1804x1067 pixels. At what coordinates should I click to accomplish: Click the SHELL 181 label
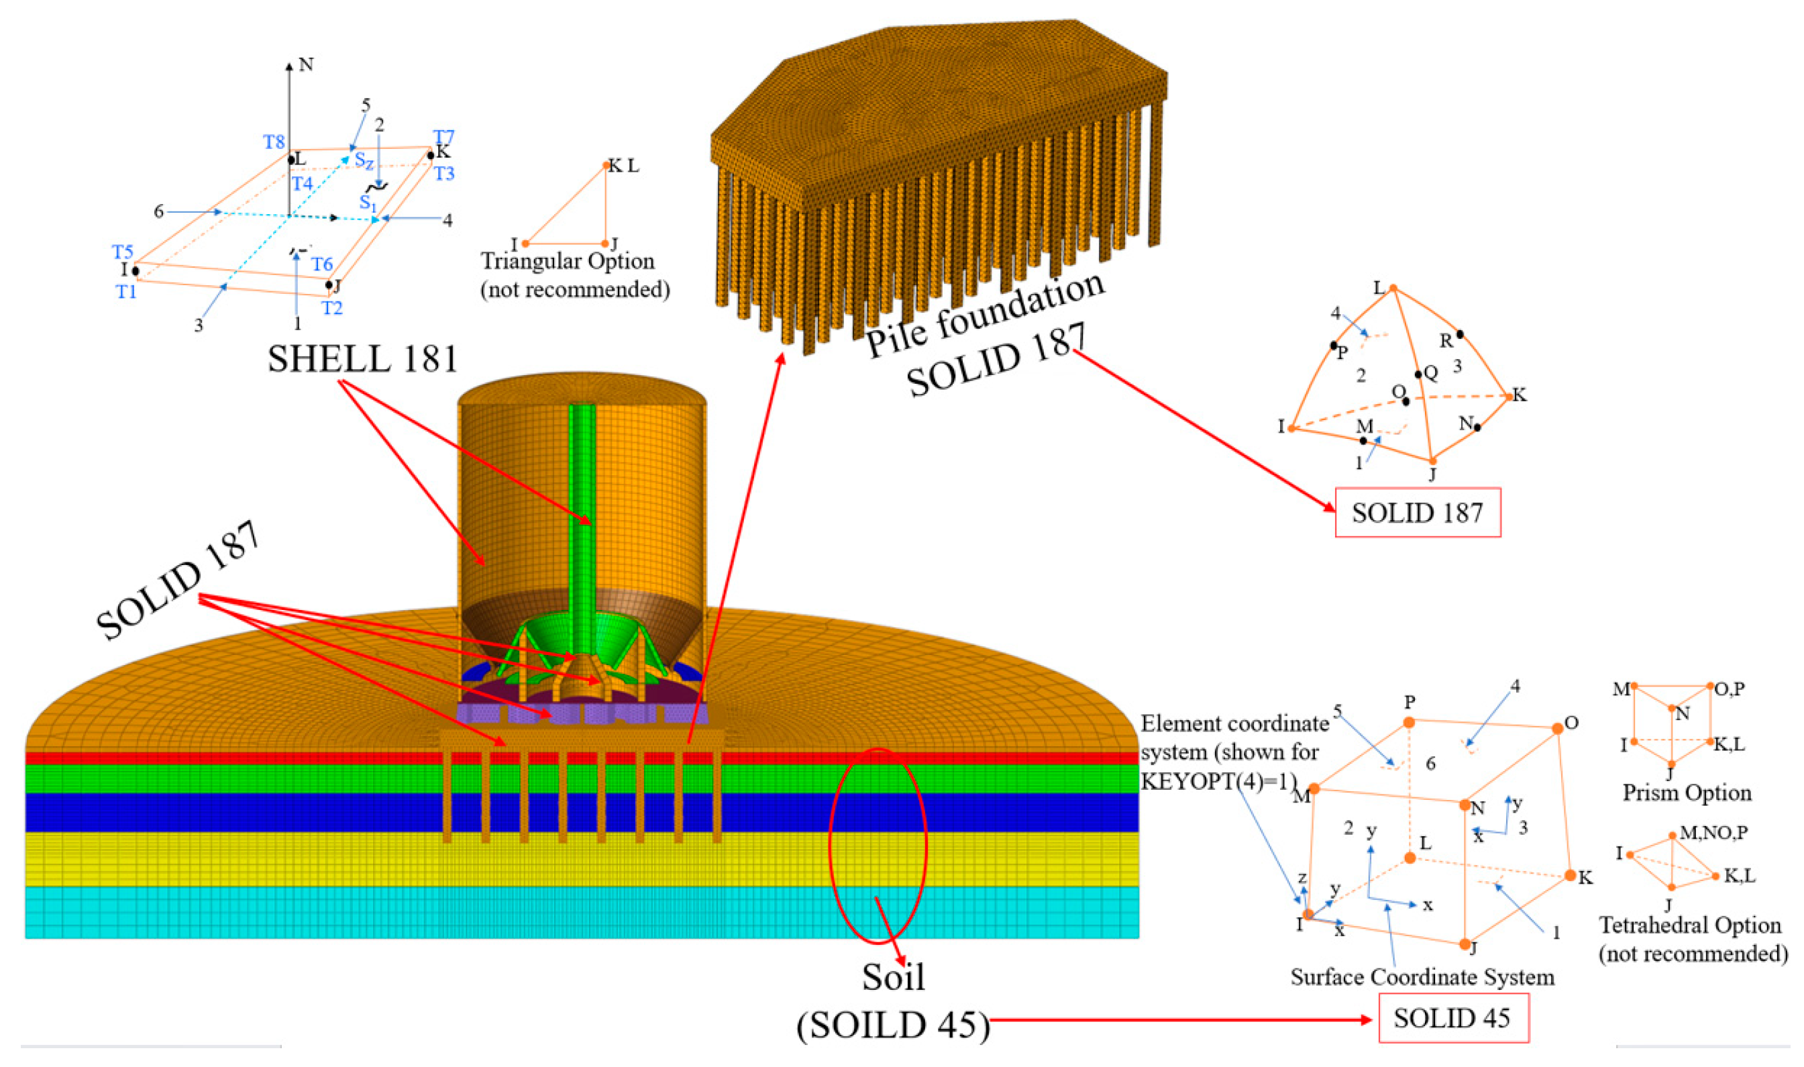(363, 359)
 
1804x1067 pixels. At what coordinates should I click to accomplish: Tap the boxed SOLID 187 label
(1418, 513)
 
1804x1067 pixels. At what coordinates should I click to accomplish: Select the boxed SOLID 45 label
(1452, 1018)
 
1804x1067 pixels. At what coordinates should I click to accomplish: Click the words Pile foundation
(985, 314)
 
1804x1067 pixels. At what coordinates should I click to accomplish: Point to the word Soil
(894, 976)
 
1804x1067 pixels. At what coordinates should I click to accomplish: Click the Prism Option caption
(1687, 793)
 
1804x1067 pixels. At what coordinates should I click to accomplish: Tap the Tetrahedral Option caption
(1691, 925)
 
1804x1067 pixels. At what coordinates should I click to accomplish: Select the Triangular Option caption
(568, 261)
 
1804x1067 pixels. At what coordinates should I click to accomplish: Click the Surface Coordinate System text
(1422, 977)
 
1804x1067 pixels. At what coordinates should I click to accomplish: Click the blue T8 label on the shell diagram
(274, 142)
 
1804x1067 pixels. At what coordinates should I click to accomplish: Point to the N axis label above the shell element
(306, 64)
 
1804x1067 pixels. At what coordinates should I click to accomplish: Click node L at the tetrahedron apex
(1393, 289)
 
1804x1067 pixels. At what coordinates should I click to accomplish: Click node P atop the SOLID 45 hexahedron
(1410, 722)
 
